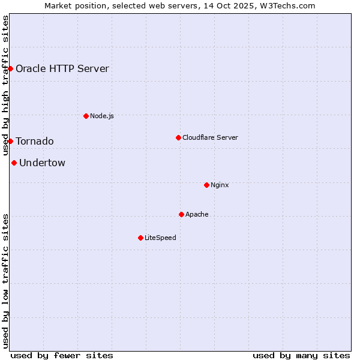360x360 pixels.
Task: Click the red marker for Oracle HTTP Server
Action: click(x=10, y=68)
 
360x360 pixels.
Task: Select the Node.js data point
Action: click(x=86, y=116)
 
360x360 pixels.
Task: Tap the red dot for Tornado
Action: click(x=10, y=141)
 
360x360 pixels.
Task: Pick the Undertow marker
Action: click(x=14, y=163)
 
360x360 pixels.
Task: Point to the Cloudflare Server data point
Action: click(x=178, y=137)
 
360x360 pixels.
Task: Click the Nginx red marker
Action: click(x=206, y=185)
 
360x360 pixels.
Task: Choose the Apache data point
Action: click(x=181, y=214)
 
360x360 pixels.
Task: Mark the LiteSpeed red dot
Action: click(x=140, y=238)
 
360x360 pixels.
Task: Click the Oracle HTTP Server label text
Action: click(x=62, y=68)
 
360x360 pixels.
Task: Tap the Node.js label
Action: click(x=102, y=116)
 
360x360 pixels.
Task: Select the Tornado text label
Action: click(x=35, y=142)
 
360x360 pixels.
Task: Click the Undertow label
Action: click(x=43, y=163)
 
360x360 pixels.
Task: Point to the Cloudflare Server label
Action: click(x=210, y=137)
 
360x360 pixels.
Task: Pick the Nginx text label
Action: click(x=220, y=185)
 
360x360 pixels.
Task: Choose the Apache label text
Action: click(x=197, y=214)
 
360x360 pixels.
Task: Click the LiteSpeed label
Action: click(x=160, y=238)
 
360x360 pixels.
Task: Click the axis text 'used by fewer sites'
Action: click(x=62, y=355)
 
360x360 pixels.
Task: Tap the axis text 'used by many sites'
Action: click(x=301, y=355)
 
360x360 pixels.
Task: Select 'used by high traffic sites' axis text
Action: click(x=5, y=86)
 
